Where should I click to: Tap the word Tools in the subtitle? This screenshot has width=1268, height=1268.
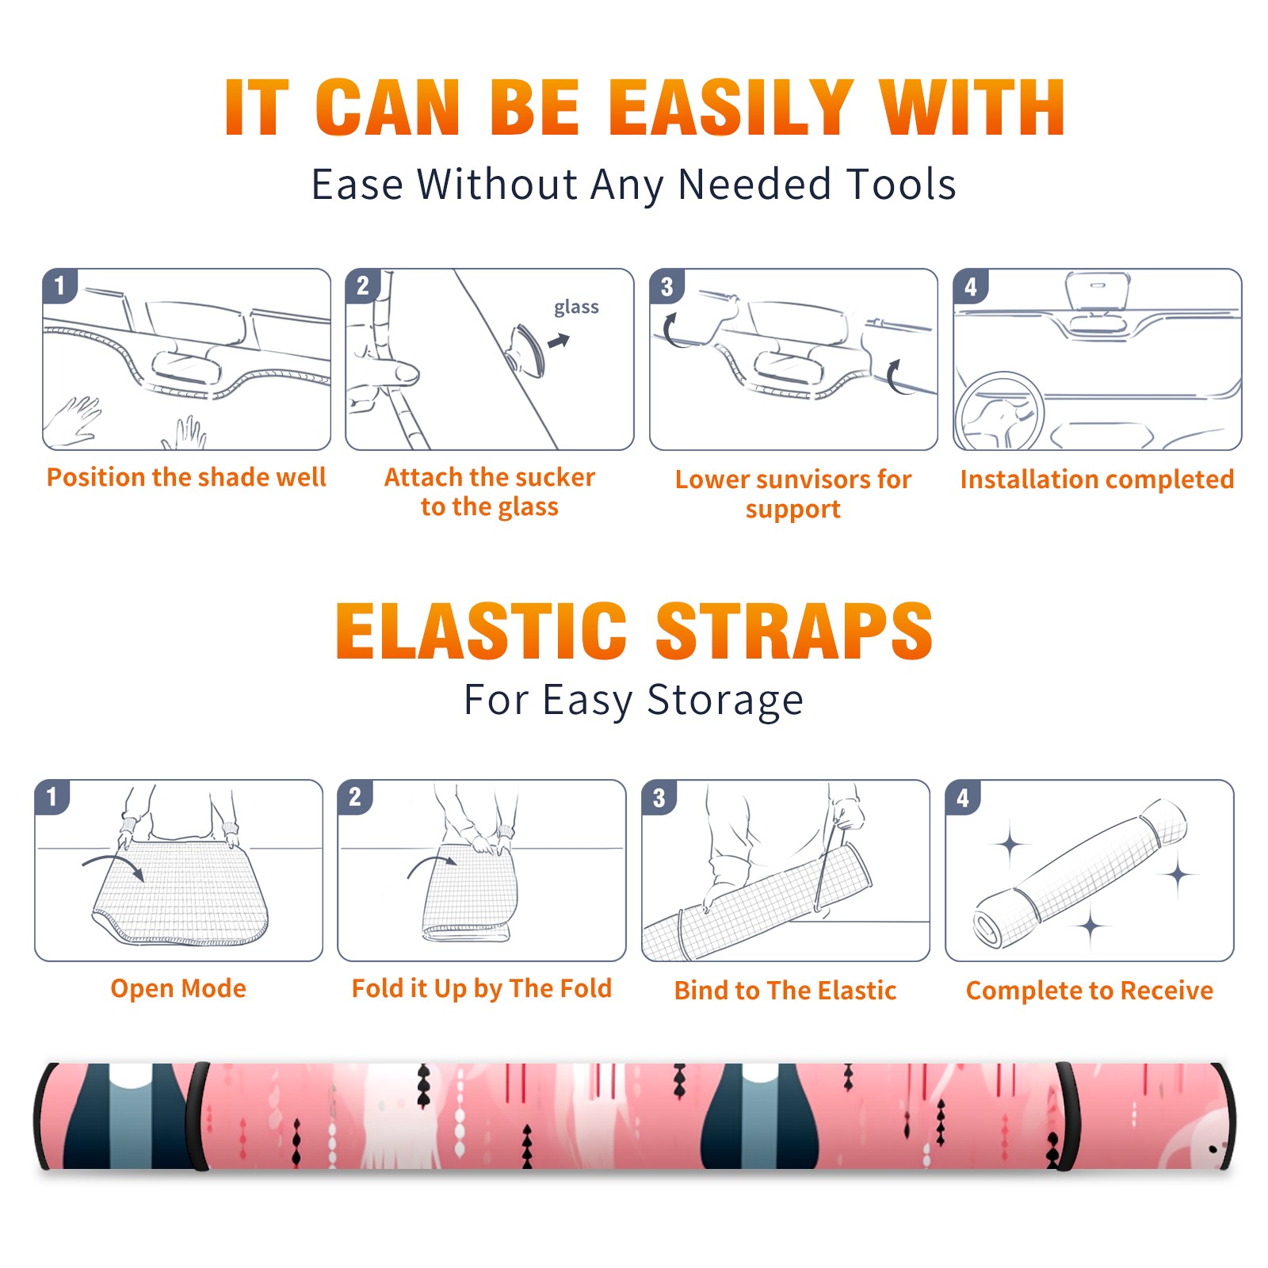click(902, 184)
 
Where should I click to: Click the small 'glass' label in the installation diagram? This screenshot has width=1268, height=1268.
click(576, 307)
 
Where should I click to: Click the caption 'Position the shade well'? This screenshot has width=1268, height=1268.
click(186, 477)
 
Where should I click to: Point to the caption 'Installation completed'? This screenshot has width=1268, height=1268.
click(1097, 479)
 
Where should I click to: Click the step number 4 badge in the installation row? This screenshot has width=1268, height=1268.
click(971, 287)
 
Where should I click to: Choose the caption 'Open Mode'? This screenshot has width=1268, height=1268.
click(178, 988)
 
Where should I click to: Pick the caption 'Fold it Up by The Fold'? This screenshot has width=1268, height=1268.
click(482, 988)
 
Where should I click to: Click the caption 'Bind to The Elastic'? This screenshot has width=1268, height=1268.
click(785, 991)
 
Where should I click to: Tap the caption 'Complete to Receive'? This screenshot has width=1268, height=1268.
click(1090, 991)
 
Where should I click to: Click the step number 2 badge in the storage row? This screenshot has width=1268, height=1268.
click(355, 797)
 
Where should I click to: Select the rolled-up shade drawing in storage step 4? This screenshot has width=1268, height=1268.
click(1081, 873)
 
